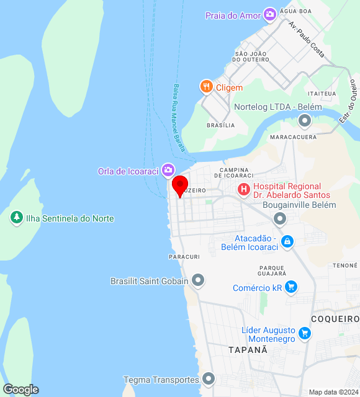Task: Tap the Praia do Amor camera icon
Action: tap(269, 14)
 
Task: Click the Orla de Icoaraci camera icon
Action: tap(168, 170)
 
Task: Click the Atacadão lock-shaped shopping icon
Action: tap(287, 241)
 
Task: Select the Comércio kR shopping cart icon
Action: tap(291, 287)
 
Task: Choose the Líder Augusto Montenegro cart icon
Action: tap(304, 334)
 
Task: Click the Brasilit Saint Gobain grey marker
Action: tap(198, 281)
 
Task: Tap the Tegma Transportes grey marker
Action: tap(208, 378)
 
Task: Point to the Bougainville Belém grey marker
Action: tap(280, 218)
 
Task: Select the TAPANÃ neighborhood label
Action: tap(248, 350)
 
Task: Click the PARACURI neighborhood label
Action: tap(184, 256)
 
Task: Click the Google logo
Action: tap(20, 390)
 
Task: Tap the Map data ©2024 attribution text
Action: tap(333, 392)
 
